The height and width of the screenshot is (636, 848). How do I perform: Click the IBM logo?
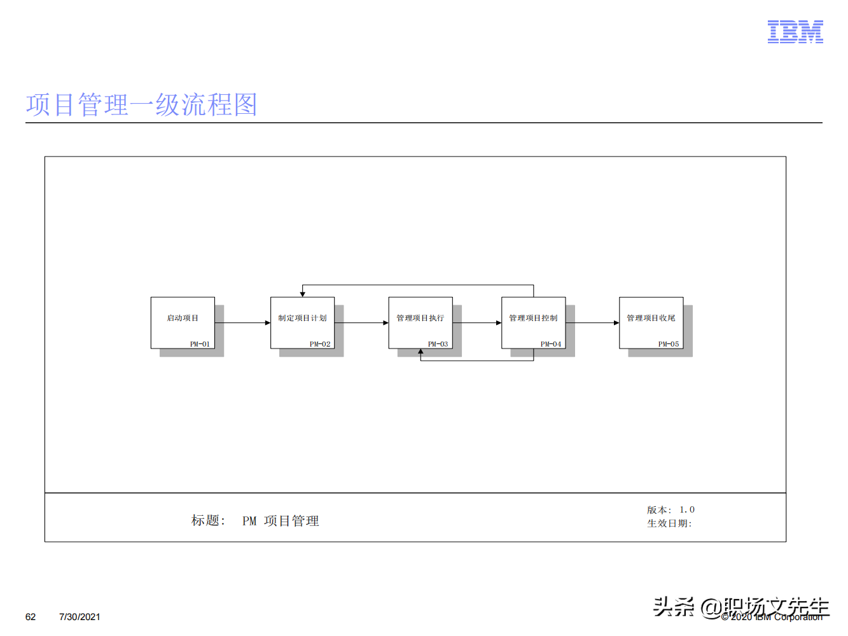coord(795,32)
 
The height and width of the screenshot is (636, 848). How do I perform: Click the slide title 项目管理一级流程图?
coord(141,105)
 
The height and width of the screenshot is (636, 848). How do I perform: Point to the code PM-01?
coord(200,344)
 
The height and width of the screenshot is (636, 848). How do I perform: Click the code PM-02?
coord(320,344)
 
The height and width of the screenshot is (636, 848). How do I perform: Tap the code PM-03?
coord(438,344)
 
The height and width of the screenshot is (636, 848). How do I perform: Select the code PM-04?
coord(551,344)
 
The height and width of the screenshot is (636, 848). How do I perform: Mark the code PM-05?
coord(669,344)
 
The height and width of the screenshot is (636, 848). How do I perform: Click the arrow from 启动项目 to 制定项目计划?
coord(242,323)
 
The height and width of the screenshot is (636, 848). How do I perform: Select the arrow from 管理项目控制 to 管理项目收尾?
coord(592,323)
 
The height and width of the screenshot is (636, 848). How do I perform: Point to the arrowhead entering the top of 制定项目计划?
coord(303,294)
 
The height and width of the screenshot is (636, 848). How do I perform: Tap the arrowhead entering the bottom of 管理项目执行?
coord(421,352)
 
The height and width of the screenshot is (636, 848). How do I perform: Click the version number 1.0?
coord(687,509)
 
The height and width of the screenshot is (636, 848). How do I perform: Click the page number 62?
coord(31,617)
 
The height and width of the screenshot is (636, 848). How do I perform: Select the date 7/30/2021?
coord(80,617)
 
